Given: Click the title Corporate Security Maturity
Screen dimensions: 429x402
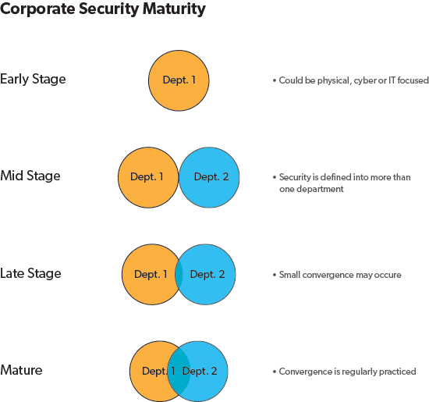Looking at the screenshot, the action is coord(103,9).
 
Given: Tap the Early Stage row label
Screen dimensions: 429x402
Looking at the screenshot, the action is coord(33,79).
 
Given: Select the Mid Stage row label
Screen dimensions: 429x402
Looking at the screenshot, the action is coord(30,176).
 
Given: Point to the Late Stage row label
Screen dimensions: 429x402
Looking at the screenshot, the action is coord(30,273).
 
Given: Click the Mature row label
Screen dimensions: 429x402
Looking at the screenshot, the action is coord(21,370).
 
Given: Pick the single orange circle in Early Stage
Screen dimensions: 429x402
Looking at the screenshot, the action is coord(179,80).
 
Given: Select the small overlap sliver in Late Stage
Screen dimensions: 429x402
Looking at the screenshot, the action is coord(179,274).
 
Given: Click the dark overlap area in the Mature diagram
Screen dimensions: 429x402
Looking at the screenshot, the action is coord(179,371).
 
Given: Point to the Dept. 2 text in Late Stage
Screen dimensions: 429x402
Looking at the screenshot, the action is coord(207,275).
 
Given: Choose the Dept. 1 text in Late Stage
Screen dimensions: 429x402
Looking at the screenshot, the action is coord(151,275).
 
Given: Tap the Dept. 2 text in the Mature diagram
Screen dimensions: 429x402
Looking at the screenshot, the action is coord(200,372).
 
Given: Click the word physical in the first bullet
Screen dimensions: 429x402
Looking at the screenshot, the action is coord(334,80).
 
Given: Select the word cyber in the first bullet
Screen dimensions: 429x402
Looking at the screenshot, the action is coord(365,80).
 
